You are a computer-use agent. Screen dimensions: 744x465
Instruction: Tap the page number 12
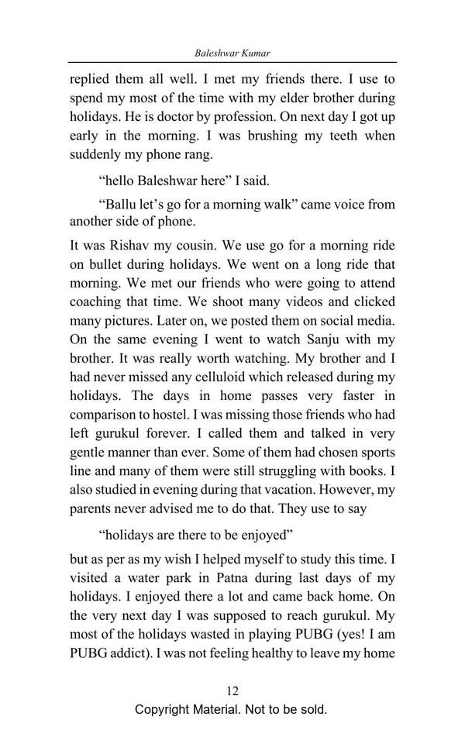232,690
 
